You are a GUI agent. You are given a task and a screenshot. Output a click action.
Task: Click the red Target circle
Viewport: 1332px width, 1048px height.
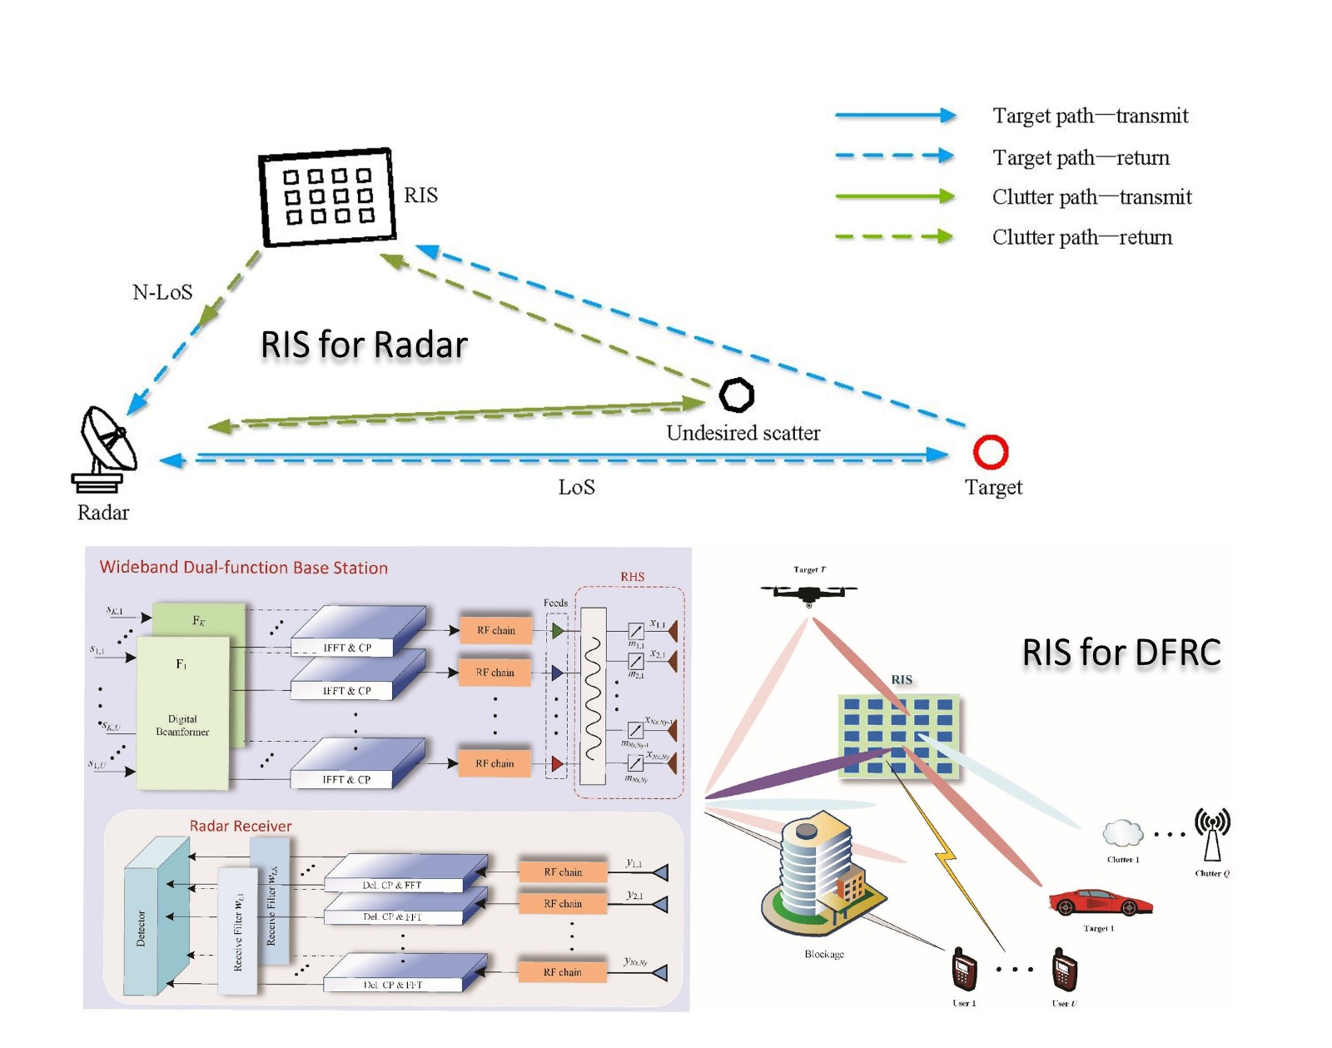(x=990, y=452)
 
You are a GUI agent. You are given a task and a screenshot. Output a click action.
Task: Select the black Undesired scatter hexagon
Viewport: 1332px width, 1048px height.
(x=737, y=395)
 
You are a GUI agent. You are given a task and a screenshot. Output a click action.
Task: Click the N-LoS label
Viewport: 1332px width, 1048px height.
(x=162, y=292)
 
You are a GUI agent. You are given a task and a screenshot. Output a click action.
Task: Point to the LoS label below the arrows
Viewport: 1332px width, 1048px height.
(x=576, y=487)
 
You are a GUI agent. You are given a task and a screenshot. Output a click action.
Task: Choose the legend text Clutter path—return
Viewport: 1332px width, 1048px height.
(x=1081, y=237)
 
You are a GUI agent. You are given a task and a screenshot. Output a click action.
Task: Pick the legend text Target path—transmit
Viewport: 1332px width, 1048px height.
(x=1090, y=116)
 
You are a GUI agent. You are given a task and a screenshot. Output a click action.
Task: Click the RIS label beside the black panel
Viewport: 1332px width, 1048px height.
(x=420, y=195)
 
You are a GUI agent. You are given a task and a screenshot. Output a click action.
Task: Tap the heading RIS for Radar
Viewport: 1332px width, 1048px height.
(x=364, y=345)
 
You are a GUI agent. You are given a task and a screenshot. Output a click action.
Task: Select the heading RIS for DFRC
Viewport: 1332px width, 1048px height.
(x=1121, y=653)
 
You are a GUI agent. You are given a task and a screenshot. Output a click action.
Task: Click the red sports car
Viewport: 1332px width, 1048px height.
(x=1100, y=902)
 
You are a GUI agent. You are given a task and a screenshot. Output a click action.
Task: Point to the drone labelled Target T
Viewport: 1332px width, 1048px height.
(x=808, y=593)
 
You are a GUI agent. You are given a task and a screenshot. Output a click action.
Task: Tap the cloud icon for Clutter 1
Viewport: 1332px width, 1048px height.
(x=1122, y=832)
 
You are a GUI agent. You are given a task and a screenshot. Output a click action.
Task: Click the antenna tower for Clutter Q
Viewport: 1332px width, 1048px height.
(x=1212, y=834)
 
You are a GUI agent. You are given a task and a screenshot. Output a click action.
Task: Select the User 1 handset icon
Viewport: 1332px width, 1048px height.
(x=964, y=970)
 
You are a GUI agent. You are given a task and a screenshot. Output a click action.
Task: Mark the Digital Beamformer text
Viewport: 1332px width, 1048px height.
(x=182, y=725)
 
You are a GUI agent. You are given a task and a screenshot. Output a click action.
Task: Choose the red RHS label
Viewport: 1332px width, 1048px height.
(x=632, y=577)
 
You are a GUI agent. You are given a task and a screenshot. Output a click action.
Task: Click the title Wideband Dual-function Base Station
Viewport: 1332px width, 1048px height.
(x=243, y=568)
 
